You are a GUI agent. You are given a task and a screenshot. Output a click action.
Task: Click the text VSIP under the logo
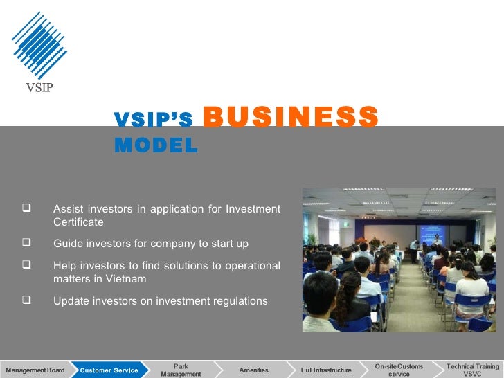click(39, 87)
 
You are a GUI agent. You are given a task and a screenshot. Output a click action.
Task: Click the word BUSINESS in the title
click(291, 117)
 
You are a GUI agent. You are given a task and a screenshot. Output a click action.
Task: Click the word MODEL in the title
click(156, 145)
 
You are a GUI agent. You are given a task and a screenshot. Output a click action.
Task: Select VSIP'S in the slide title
click(153, 120)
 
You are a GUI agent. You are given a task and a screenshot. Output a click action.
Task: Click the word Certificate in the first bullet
click(78, 222)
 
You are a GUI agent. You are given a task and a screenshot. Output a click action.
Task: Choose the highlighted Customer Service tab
click(109, 370)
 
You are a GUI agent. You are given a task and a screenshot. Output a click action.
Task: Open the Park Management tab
click(181, 370)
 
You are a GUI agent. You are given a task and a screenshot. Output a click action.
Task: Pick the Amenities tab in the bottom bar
click(253, 370)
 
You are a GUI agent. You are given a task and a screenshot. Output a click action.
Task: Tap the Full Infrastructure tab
click(326, 370)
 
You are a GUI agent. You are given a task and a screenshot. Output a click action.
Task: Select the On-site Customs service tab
click(399, 370)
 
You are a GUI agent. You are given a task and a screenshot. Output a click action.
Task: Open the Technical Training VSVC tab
click(472, 370)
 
